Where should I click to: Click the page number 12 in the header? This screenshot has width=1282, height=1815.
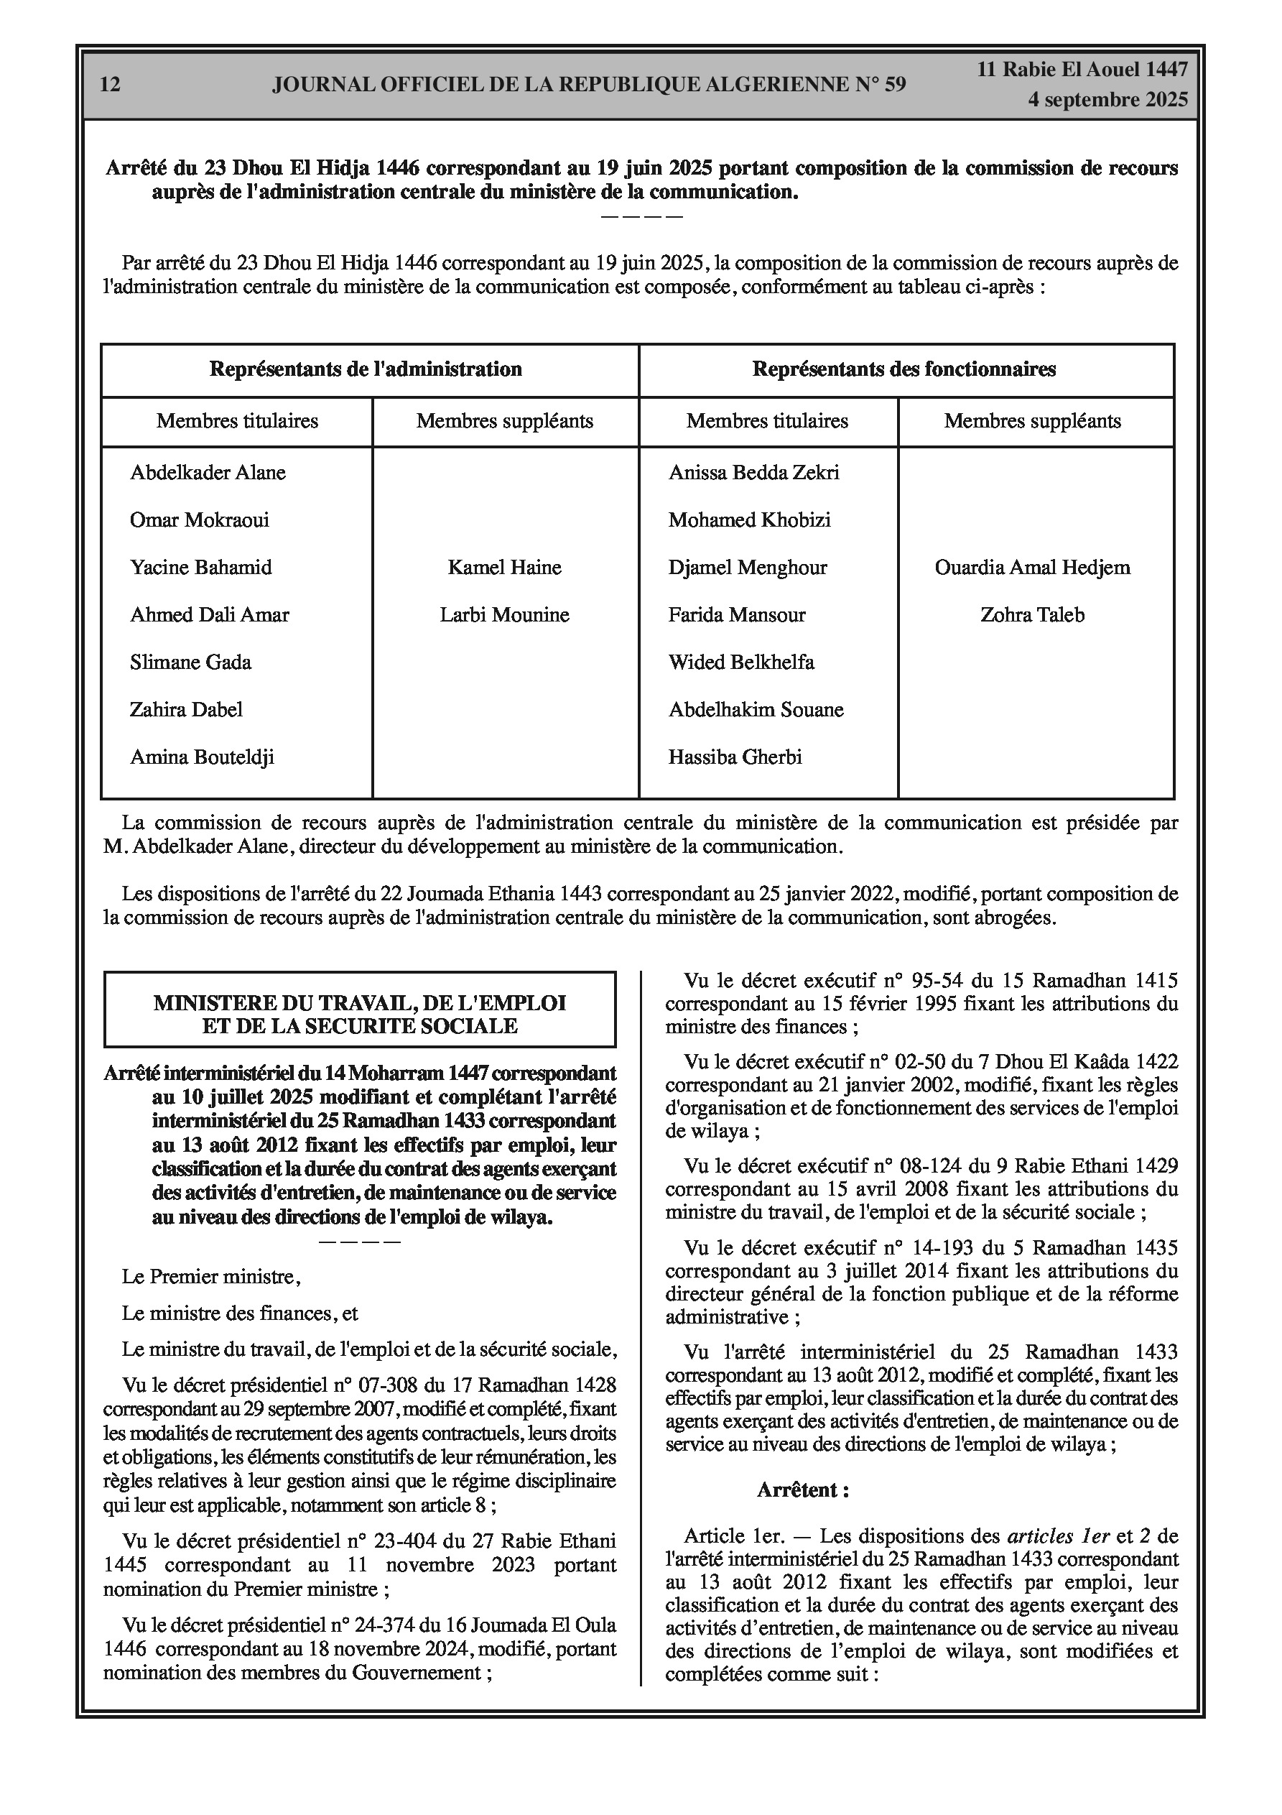coord(111,85)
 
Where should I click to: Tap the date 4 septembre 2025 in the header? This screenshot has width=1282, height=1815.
coord(1107,100)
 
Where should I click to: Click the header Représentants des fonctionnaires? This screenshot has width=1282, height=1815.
coord(904,369)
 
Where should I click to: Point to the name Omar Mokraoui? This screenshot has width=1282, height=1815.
coord(199,520)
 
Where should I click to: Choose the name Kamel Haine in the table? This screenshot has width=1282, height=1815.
coord(504,568)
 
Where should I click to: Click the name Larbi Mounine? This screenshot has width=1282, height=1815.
coord(504,615)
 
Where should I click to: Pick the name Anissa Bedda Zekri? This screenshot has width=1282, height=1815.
coord(753,473)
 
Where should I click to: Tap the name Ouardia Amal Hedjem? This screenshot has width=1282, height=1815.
coord(1032,568)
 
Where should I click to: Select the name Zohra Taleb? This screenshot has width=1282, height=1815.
coord(1032,615)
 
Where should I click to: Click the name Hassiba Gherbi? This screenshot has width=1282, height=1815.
coord(735,757)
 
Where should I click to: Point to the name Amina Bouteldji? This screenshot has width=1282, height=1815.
coord(202,757)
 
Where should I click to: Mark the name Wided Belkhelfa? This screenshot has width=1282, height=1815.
coord(740,662)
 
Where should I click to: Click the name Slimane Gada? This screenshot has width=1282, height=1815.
coord(190,662)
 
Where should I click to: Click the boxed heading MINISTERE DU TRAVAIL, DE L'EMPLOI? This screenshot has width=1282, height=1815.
coord(360,1003)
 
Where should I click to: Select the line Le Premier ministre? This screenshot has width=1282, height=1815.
coord(211,1277)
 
